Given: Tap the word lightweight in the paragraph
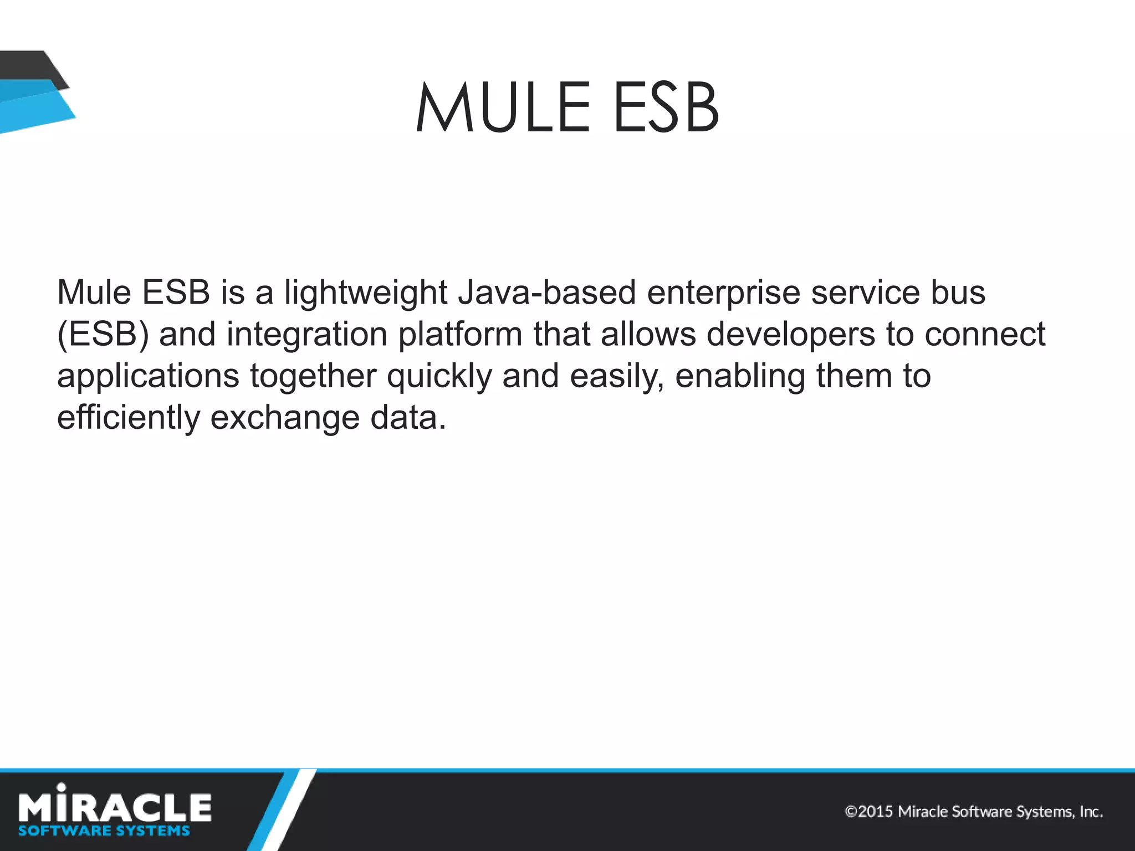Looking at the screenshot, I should pos(366,294).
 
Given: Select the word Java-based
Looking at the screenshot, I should pos(547,293).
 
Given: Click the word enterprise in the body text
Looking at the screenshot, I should pos(723,294).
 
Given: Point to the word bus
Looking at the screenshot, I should pos(958,293).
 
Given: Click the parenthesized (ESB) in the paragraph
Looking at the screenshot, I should pos(103,335).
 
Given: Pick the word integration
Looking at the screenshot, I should pos(306,335).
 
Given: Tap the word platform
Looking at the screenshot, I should pos(460,335).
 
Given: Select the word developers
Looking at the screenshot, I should pos(791,335).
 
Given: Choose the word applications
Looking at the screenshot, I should pos(148,377).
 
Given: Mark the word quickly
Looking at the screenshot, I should pos(439,377).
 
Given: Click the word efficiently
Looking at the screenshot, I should pos(129,418).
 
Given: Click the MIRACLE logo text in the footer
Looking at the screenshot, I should pos(115,806).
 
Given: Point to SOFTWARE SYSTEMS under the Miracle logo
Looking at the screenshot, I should pos(104,831).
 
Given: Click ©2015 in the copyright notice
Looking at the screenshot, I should pos(868,812).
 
